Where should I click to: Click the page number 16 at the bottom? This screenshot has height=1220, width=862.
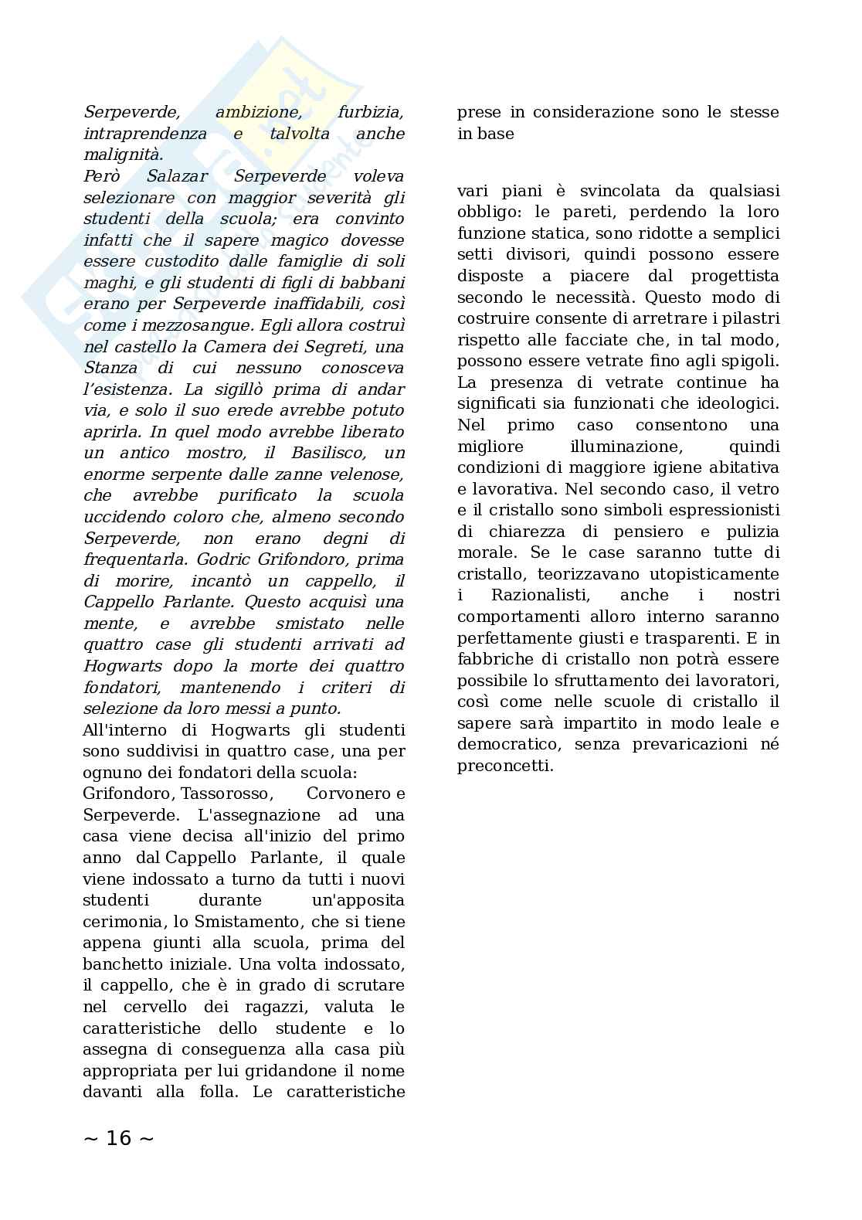(118, 1138)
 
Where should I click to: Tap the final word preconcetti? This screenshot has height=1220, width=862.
(504, 766)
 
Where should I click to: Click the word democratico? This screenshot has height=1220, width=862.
(504, 745)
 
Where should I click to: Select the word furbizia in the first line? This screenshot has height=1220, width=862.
(370, 112)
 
